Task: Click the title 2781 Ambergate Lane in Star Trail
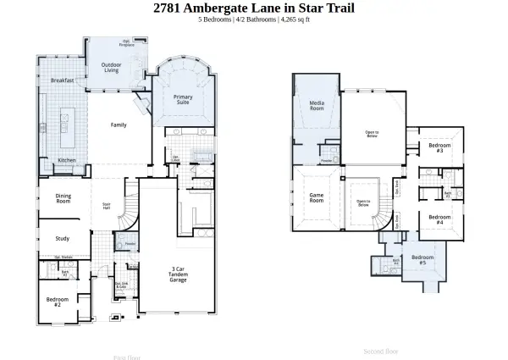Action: pos(254,8)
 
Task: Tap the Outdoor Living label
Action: pos(111,68)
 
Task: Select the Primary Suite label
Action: pos(184,100)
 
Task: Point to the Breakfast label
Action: pos(62,80)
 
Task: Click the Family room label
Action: pos(119,125)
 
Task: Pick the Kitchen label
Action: pos(67,160)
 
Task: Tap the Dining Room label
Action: pos(63,199)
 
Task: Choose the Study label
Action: pos(63,238)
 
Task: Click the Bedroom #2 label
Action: pos(58,301)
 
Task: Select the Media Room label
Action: pos(317,106)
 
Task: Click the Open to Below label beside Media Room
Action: pos(372,133)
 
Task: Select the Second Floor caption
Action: pos(380,350)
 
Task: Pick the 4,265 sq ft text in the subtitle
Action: pos(296,19)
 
